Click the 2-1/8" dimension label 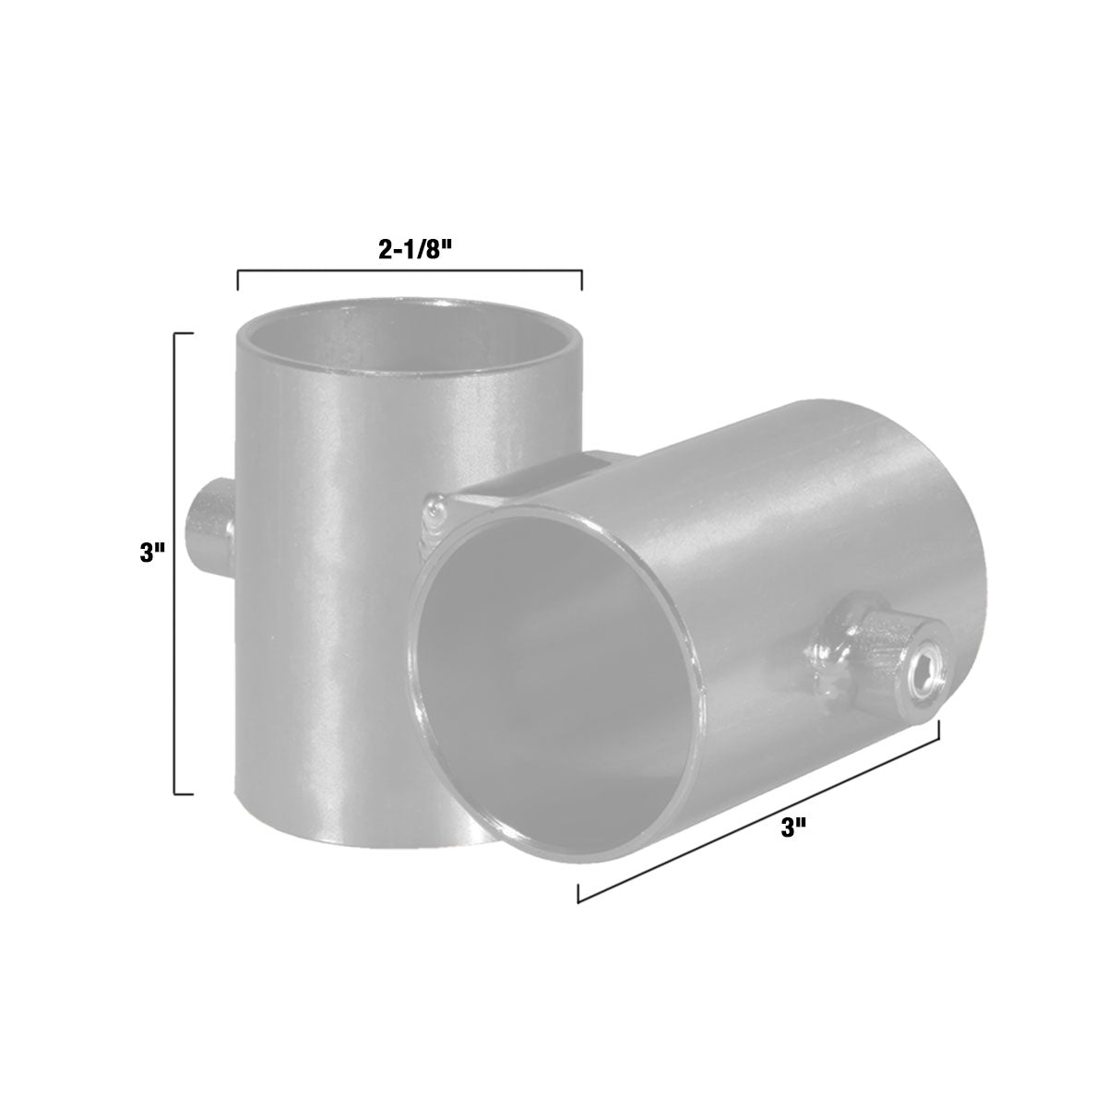(x=412, y=250)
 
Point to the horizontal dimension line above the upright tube (x=410, y=271)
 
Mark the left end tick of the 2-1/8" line (x=238, y=280)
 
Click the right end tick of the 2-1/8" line (x=581, y=280)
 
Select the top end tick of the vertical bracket (x=184, y=332)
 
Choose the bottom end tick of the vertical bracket (x=184, y=792)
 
